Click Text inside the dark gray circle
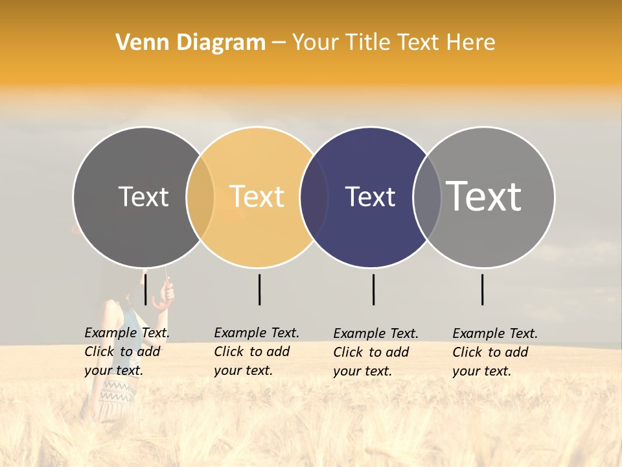143,197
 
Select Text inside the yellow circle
257,197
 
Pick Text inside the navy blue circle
370,197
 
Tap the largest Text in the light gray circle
484,196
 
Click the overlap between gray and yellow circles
200,197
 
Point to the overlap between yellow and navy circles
314,197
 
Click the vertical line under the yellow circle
259,289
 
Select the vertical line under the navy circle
373,289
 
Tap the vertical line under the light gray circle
483,289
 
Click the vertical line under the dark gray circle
145,289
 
